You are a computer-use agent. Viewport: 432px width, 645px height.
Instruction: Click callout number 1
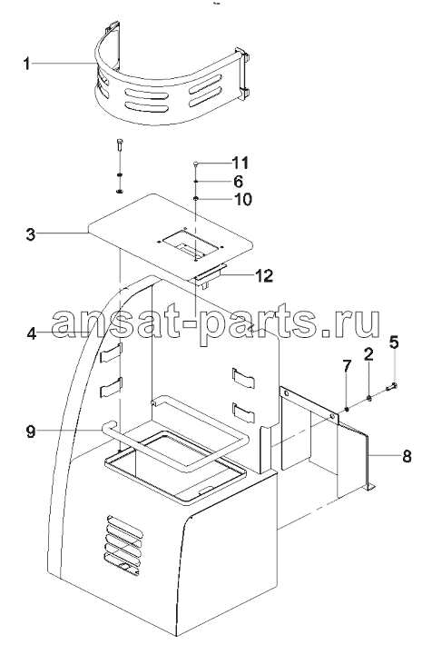(x=26, y=64)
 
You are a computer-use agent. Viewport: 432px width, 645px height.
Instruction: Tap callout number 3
(x=31, y=235)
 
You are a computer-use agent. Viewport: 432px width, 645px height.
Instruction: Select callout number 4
(x=32, y=333)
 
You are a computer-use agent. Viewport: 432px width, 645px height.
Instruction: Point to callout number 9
(x=31, y=432)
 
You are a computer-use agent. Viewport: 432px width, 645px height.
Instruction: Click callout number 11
(x=240, y=163)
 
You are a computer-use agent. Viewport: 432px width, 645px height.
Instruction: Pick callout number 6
(x=238, y=181)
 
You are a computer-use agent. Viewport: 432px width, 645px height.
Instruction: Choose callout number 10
(x=241, y=200)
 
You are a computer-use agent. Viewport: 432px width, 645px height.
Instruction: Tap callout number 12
(x=263, y=275)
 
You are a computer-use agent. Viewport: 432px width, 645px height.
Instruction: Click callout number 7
(x=348, y=366)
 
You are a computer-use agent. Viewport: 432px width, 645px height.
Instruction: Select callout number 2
(x=368, y=353)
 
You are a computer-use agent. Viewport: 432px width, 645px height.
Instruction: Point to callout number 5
(x=394, y=342)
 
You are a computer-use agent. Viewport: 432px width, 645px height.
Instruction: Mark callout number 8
(x=407, y=456)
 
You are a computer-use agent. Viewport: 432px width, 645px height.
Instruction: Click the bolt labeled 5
(x=391, y=386)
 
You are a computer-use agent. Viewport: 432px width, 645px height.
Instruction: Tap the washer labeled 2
(x=369, y=398)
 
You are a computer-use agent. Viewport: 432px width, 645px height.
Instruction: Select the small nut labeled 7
(x=348, y=409)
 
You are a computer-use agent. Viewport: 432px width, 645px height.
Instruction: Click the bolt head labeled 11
(x=196, y=164)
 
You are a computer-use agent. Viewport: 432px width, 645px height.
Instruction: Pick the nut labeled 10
(x=196, y=199)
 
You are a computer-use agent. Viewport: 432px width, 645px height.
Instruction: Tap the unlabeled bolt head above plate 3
(x=119, y=142)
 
